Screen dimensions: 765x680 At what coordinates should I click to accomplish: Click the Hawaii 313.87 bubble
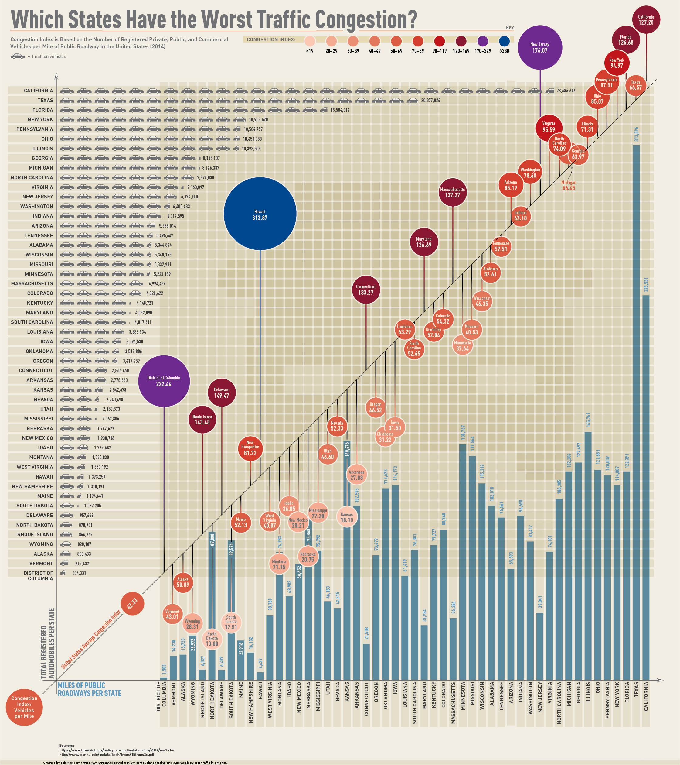[260, 214]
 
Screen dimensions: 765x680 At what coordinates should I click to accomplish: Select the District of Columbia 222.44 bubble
[164, 381]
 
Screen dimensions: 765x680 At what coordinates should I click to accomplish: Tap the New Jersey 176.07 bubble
[540, 47]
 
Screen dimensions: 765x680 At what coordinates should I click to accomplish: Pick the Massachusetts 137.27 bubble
[453, 192]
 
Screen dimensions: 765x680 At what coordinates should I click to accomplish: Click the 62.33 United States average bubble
[132, 603]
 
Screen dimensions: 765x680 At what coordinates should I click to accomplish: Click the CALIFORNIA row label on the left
[39, 91]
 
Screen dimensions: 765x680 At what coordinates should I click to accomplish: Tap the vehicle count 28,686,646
[566, 91]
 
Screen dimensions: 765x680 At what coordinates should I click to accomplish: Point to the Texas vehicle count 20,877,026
[430, 100]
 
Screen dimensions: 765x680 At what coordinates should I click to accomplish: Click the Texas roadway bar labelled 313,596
[636, 412]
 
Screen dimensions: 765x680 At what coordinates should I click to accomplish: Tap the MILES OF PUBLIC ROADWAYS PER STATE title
[89, 689]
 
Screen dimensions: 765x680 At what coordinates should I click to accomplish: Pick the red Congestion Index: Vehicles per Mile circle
[24, 707]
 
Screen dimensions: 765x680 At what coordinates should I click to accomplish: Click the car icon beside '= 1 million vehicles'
[18, 56]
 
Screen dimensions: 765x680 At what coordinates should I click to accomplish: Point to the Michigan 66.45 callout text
[569, 185]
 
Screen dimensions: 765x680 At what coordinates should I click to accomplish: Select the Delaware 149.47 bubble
[222, 392]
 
